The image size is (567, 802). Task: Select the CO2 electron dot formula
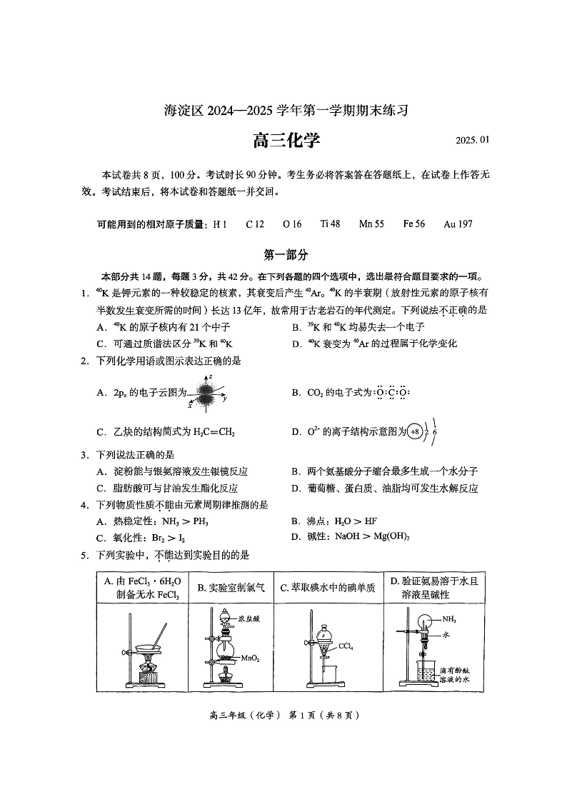click(392, 393)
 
